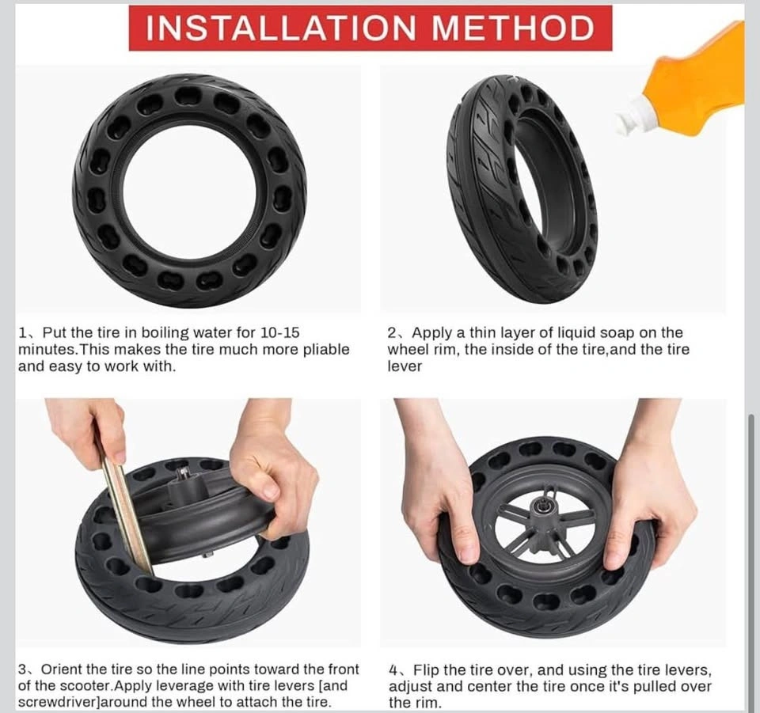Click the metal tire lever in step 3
pos(125,505)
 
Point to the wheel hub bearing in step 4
pos(538,507)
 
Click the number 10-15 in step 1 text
pos(279,333)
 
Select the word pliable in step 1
pos(325,350)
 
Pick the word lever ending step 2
pos(405,366)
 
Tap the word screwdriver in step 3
pos(61,702)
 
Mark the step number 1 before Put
pos(22,333)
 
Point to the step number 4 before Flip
pos(393,670)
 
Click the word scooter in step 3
pos(85,686)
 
